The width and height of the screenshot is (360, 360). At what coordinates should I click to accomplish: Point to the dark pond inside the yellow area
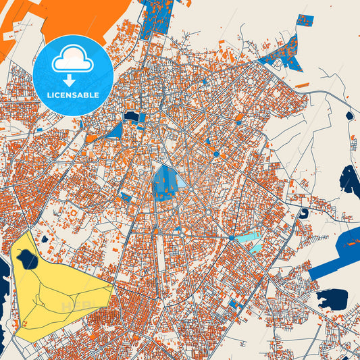(28, 257)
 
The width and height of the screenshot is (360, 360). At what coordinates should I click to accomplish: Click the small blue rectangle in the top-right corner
(305, 20)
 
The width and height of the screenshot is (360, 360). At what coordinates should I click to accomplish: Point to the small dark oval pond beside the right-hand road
(349, 115)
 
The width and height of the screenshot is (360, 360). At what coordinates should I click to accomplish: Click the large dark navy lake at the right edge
(350, 179)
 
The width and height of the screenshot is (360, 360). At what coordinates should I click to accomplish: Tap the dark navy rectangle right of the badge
(131, 117)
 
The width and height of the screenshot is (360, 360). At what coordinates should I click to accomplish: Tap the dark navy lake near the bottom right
(332, 297)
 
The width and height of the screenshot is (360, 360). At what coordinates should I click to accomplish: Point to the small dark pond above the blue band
(304, 213)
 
